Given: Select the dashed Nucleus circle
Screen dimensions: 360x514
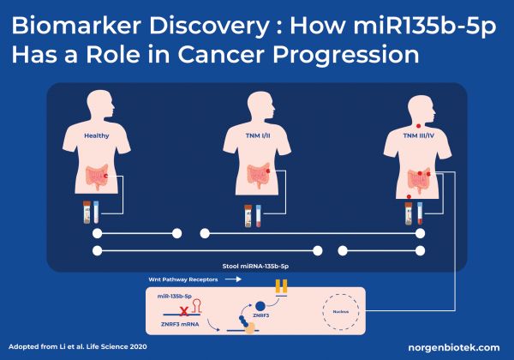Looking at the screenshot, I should [342, 311].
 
